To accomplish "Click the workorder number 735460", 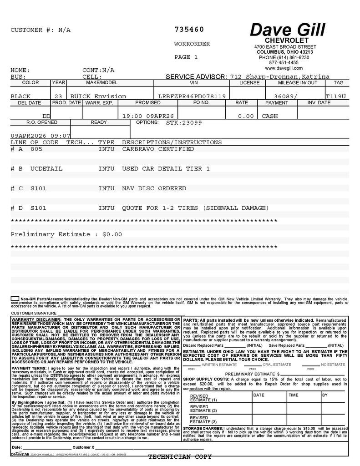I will click(189, 30).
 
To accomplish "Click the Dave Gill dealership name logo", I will click(287, 30).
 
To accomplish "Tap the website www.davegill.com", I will click(284, 68).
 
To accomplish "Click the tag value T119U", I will click(335, 96).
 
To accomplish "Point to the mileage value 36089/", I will click(286, 96).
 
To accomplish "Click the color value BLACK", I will click(21, 96).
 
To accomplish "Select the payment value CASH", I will click(270, 116).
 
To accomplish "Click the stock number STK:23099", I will click(184, 122).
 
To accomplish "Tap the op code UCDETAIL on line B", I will click(46, 168).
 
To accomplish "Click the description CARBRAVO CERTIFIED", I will click(158, 149).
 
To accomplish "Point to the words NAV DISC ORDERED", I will click(154, 188).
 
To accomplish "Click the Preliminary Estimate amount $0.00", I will click(112, 234).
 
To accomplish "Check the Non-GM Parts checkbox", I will click(15, 299).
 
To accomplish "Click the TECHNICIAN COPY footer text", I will click(180, 457).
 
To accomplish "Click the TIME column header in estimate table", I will click(293, 395).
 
